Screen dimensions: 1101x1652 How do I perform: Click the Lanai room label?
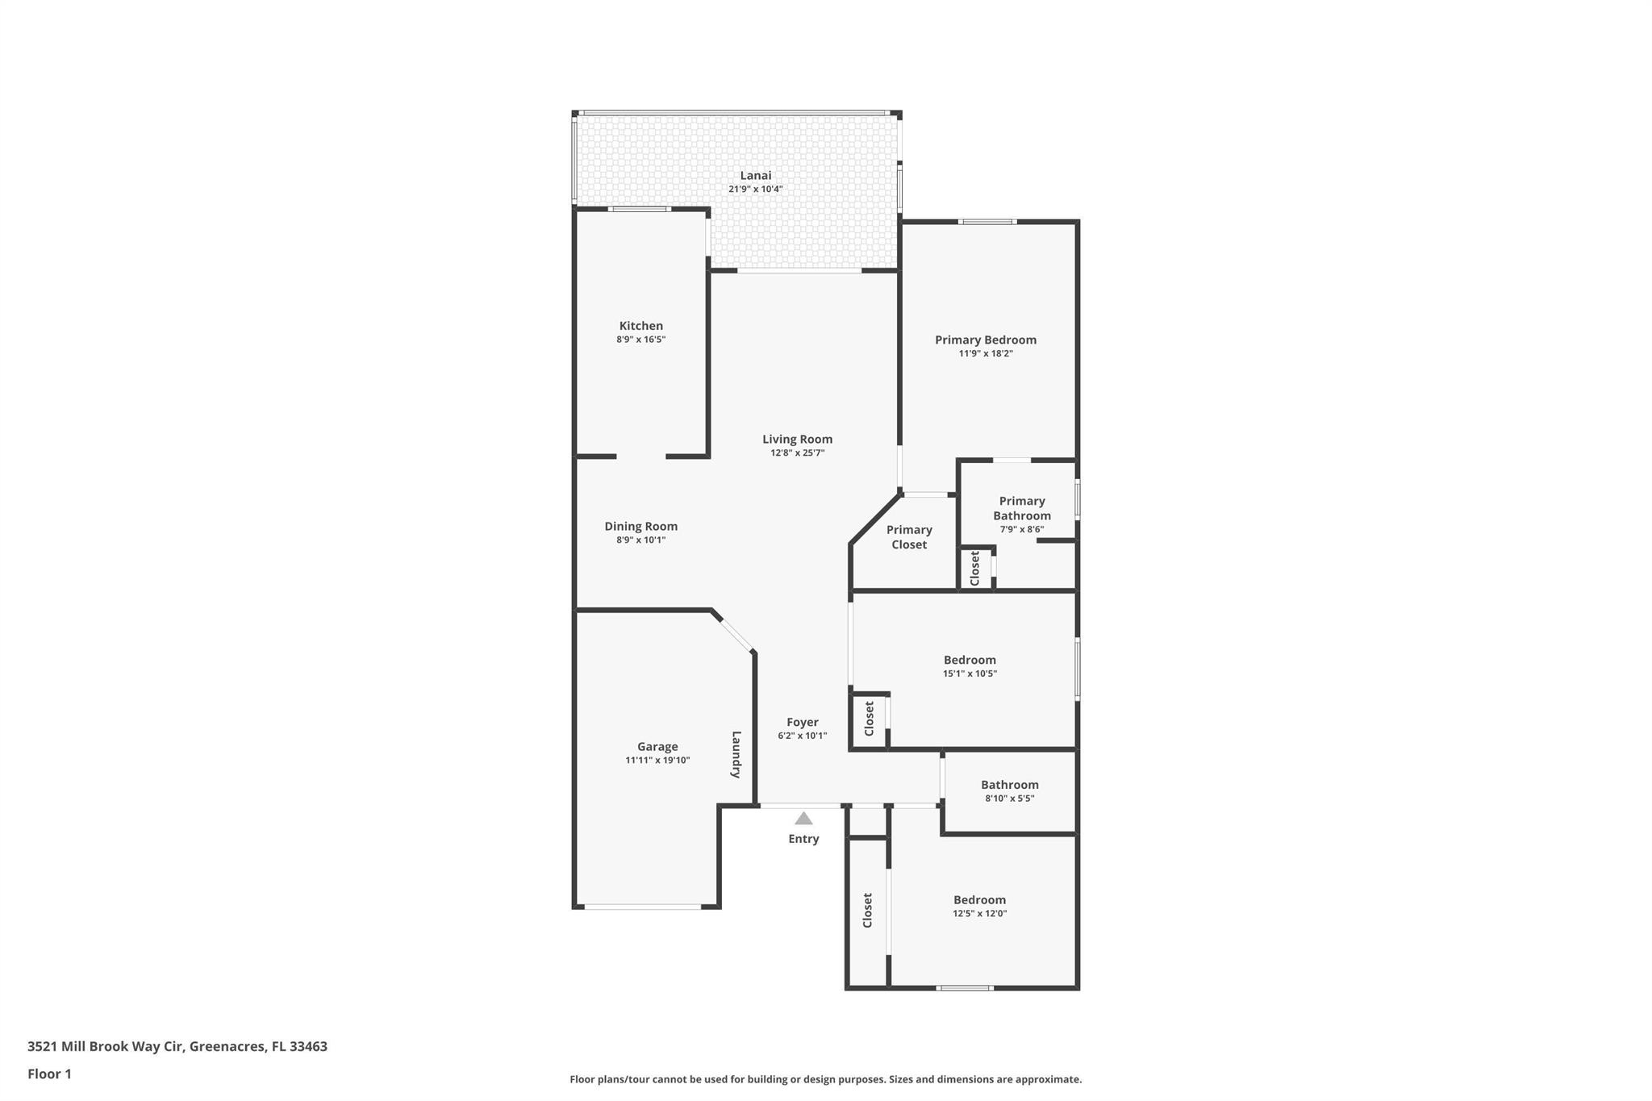click(756, 175)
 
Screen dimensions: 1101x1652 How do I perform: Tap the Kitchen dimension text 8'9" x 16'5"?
click(640, 340)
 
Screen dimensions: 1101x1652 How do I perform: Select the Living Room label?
click(797, 439)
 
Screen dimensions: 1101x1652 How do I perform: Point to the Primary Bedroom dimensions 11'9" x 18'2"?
click(985, 353)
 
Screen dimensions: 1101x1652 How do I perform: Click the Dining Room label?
click(640, 526)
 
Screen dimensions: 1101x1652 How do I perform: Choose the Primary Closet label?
click(909, 536)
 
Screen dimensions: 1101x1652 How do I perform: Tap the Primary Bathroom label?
click(1021, 508)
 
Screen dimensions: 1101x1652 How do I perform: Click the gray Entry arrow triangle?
click(803, 819)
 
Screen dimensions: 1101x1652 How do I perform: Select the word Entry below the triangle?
click(803, 839)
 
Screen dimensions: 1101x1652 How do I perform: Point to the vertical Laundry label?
click(736, 754)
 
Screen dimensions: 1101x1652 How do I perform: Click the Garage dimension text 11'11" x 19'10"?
click(657, 760)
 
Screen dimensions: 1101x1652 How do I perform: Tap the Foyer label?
click(802, 722)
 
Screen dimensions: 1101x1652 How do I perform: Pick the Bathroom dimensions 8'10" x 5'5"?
click(1009, 799)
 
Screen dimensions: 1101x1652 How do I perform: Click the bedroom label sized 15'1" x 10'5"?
click(970, 660)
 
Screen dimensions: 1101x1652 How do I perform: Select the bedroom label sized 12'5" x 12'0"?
click(979, 900)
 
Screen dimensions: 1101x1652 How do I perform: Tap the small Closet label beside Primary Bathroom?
click(974, 569)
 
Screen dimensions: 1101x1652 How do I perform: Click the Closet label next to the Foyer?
click(869, 719)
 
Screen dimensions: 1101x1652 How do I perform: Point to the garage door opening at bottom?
click(642, 907)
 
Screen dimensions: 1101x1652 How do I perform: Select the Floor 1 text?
click(49, 1074)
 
